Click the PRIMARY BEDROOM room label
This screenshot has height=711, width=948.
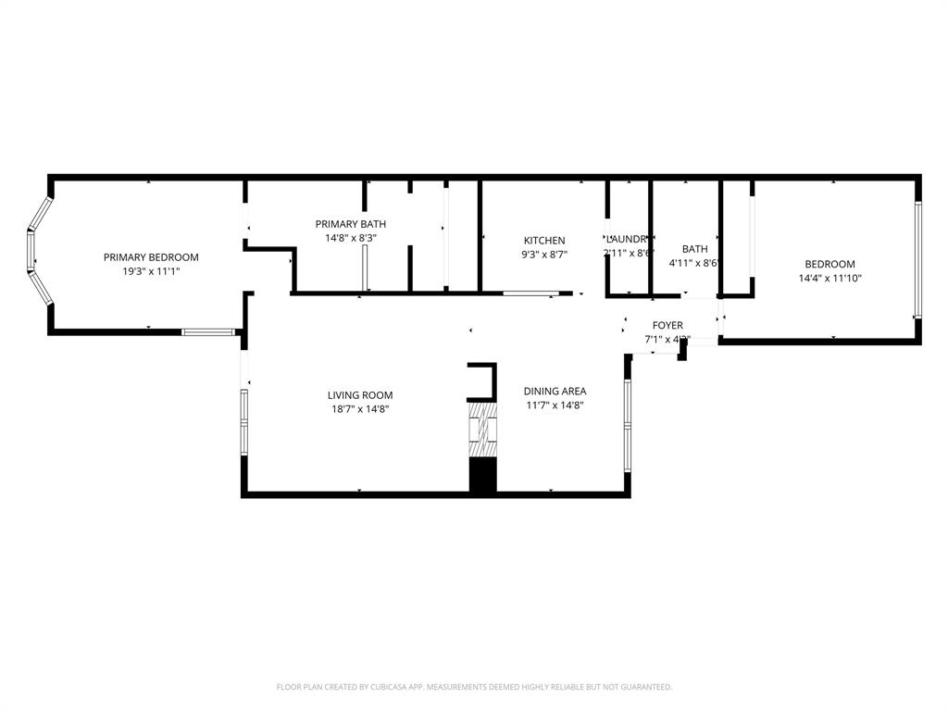(x=151, y=257)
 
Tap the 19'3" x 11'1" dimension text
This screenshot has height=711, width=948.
(x=151, y=271)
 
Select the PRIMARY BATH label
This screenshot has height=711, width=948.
(x=351, y=224)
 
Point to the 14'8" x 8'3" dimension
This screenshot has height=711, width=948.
(x=351, y=238)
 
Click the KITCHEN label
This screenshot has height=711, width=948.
(x=544, y=241)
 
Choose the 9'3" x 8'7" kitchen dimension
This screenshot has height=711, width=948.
(x=544, y=254)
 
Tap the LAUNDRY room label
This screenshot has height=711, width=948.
(x=627, y=239)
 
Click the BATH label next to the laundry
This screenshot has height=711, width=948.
(x=694, y=249)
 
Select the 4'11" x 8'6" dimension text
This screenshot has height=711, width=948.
(x=694, y=263)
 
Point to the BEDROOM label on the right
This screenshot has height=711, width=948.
(x=829, y=264)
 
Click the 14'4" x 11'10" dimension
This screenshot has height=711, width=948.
(x=829, y=278)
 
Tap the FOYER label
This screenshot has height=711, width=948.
(x=667, y=326)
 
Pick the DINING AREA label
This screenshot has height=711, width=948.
(x=555, y=391)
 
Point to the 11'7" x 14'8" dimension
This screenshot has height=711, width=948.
(x=555, y=405)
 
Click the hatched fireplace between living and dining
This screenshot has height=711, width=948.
(x=482, y=429)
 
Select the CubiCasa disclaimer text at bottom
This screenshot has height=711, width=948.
(x=474, y=687)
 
